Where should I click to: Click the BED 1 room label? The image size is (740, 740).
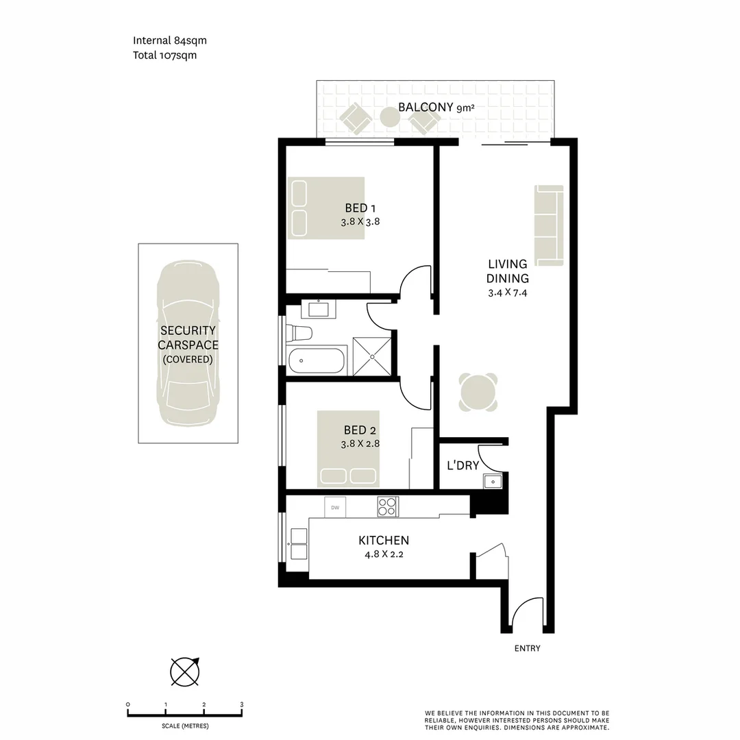(360, 208)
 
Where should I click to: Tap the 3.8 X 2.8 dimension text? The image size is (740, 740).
(360, 443)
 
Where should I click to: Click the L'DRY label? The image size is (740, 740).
(463, 466)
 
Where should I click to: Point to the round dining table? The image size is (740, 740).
(478, 393)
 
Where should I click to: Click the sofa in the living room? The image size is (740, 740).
(549, 225)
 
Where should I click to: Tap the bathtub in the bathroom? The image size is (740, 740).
(317, 360)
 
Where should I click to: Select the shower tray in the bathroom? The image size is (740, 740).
(373, 356)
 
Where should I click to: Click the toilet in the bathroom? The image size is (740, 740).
(300, 333)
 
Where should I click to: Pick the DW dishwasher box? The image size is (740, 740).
(335, 508)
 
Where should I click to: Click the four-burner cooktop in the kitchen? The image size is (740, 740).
(388, 507)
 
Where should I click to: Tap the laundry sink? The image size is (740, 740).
(491, 482)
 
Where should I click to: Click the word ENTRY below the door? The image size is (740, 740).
(527, 648)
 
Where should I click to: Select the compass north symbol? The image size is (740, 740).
(185, 671)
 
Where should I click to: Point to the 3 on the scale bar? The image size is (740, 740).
(242, 704)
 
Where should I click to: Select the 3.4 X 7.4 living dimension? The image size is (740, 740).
(507, 293)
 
